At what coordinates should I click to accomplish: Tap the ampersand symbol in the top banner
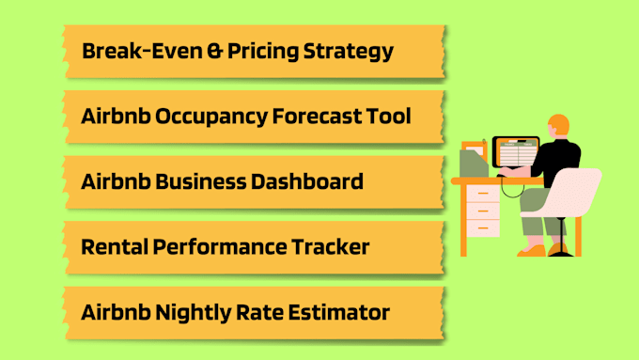pos(214,52)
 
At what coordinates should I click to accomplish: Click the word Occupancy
pos(211,117)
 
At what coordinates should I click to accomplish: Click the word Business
pos(200,181)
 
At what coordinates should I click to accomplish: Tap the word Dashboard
pos(307,181)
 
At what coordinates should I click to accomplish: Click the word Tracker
pos(330,246)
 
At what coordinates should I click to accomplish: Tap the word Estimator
pos(338,312)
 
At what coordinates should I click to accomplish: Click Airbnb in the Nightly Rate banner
pos(116,312)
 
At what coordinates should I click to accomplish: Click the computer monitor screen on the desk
pos(516,152)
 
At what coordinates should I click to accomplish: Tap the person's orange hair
pos(559,123)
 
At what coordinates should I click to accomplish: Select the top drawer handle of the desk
pos(483,194)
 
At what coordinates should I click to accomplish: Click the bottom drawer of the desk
pos(483,227)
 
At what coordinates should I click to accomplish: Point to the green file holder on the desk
pos(474,163)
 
